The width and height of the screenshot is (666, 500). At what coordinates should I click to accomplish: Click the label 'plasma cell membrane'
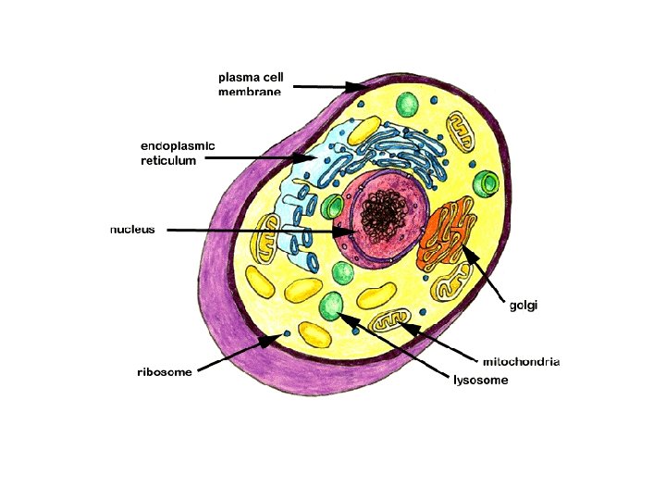(251, 83)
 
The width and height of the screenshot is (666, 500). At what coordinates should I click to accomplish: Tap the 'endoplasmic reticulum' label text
(177, 153)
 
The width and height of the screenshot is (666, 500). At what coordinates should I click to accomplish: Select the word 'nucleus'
(132, 229)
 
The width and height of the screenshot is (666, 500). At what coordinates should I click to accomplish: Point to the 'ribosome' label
(165, 372)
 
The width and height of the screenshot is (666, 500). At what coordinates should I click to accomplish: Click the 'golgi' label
(524, 305)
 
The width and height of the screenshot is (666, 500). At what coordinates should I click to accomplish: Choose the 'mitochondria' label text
(521, 361)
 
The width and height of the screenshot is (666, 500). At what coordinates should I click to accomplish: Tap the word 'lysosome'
(480, 380)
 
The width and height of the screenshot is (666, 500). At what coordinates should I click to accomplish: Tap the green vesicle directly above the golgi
(484, 182)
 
